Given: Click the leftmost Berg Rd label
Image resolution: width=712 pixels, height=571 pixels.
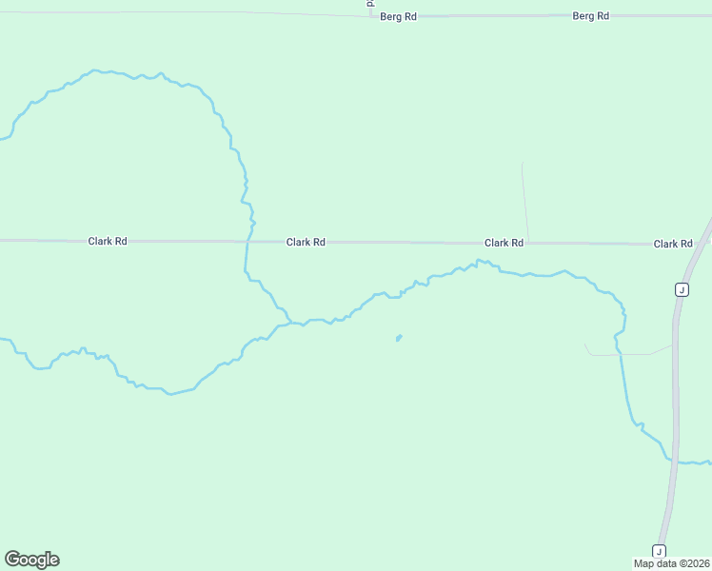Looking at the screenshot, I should (x=399, y=17).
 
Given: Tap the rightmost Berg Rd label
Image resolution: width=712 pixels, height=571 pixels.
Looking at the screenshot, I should (x=590, y=16).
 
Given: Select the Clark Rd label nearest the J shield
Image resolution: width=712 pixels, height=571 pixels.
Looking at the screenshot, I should (x=672, y=244).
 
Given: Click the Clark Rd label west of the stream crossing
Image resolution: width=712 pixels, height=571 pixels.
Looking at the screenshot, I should (x=108, y=241).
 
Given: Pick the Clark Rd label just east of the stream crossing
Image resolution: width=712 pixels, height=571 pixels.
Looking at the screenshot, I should (x=306, y=242).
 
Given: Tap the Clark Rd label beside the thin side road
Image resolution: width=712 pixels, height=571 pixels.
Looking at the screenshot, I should (x=504, y=243).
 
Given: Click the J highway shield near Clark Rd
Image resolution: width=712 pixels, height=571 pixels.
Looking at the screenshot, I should (x=682, y=289).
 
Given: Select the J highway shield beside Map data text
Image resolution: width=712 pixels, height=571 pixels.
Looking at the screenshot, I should (x=659, y=551).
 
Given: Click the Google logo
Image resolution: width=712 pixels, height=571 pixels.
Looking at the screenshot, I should (x=31, y=560).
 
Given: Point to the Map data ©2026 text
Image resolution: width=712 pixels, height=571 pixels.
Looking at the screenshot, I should (x=672, y=563).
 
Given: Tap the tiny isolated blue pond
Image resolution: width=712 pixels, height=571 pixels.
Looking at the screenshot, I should (x=399, y=337).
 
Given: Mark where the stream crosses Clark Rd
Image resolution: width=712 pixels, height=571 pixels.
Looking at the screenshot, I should (x=248, y=242).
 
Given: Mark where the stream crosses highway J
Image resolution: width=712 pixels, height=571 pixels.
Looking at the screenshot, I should (x=675, y=462).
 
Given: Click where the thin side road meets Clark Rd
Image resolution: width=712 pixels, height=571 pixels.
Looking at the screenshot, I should (x=528, y=243).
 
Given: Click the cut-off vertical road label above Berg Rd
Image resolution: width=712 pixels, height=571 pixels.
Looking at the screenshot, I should (x=370, y=4).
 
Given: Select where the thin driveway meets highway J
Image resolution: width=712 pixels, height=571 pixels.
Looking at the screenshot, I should (x=674, y=345).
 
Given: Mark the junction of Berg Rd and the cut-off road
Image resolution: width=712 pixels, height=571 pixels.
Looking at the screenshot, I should (x=371, y=15).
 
